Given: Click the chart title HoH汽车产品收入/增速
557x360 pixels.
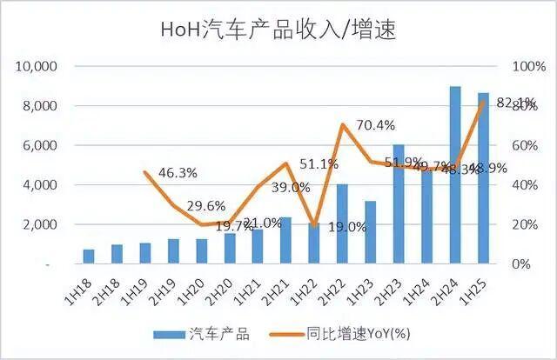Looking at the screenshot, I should click(x=278, y=29).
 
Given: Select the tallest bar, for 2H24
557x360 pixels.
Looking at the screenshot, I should click(x=454, y=174).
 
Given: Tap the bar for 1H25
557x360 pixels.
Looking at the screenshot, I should click(x=482, y=178).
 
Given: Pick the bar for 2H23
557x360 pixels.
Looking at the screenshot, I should click(x=399, y=203).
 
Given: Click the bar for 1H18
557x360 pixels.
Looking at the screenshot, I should click(x=89, y=256).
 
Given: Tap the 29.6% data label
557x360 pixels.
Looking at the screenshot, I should click(x=205, y=206).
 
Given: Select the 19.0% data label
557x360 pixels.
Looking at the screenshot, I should click(x=321, y=228).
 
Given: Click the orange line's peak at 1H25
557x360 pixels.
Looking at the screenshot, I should click(x=482, y=103).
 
